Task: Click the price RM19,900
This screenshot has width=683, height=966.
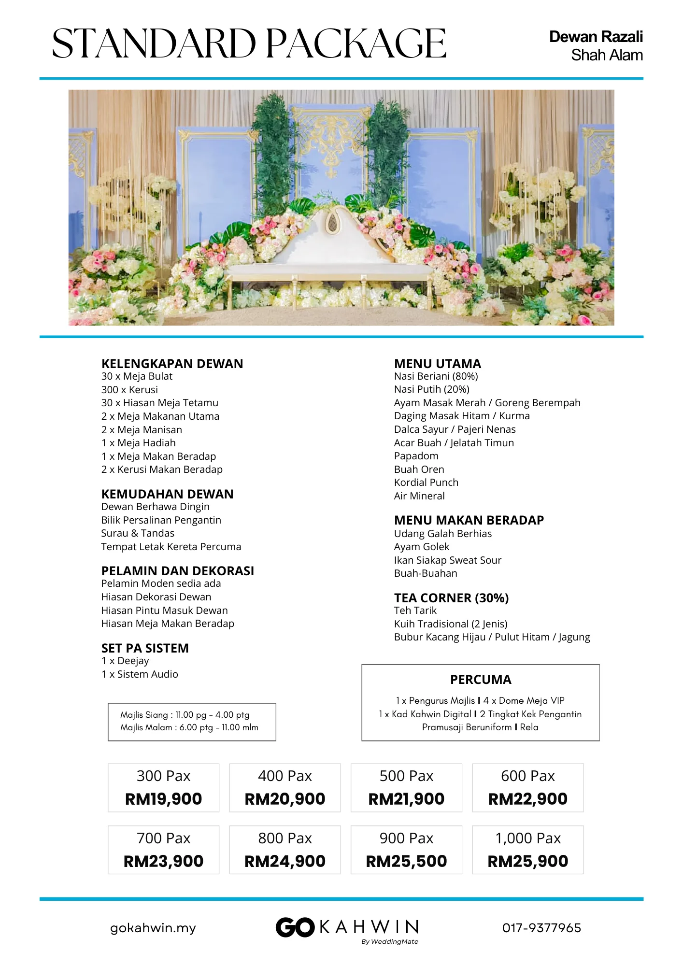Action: [163, 799]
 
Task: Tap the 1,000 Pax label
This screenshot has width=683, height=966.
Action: [527, 838]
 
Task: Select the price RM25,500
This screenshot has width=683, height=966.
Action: [406, 861]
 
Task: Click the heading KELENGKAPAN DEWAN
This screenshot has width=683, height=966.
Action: [172, 364]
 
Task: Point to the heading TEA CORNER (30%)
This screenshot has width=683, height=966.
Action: [451, 598]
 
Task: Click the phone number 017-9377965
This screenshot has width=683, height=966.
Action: [541, 928]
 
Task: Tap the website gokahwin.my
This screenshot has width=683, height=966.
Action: [153, 928]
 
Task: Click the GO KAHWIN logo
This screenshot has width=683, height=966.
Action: [347, 927]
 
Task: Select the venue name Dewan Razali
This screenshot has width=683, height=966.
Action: [596, 37]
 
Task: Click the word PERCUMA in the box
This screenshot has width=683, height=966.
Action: [481, 680]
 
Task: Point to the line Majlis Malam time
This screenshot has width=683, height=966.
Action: [189, 727]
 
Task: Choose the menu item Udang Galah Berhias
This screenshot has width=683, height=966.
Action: [442, 534]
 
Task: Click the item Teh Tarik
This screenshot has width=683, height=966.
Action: [415, 611]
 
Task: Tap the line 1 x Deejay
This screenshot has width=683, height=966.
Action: [125, 661]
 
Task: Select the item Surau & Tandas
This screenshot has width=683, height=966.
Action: [138, 533]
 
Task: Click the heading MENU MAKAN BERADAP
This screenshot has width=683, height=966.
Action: [469, 520]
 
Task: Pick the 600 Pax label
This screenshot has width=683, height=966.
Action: [527, 776]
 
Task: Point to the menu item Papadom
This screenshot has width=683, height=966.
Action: [416, 456]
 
